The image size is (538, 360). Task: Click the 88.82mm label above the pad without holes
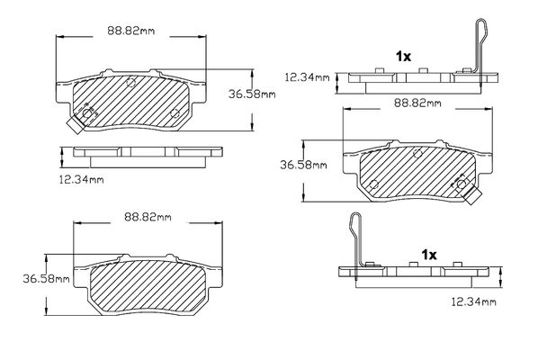click(x=148, y=217)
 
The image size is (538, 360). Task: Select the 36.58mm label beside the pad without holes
click(x=46, y=279)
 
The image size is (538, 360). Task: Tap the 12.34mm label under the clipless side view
click(x=81, y=179)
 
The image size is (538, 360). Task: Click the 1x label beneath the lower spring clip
click(x=429, y=255)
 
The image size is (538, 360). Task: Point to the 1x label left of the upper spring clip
click(x=403, y=57)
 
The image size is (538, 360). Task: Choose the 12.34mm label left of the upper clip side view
click(x=307, y=77)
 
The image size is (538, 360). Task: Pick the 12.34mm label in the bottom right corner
click(x=473, y=302)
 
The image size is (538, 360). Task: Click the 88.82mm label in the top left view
click(x=131, y=31)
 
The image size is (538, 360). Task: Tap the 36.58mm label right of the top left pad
click(x=252, y=94)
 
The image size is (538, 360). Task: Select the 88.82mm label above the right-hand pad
click(x=417, y=103)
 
